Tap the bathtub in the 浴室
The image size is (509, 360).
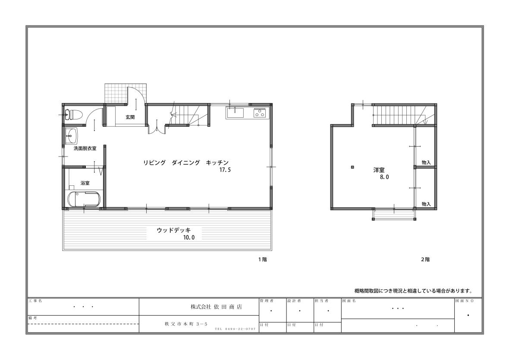pyautogui.click(x=85, y=199)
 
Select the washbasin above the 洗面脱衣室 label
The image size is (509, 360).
pyautogui.click(x=72, y=136)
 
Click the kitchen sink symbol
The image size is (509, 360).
pyautogui.click(x=235, y=113)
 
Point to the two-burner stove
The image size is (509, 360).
pyautogui.click(x=260, y=113)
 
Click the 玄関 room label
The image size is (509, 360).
pyautogui.click(x=130, y=117)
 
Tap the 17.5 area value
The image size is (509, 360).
pyautogui.click(x=225, y=169)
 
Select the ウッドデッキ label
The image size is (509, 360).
pyautogui.click(x=174, y=230)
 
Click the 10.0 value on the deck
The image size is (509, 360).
pyautogui.click(x=189, y=238)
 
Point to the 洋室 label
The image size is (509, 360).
pyautogui.click(x=379, y=169)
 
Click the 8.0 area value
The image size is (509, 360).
pyautogui.click(x=384, y=177)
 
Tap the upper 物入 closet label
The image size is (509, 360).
pyautogui.click(x=426, y=162)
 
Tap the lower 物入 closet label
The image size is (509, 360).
pyautogui.click(x=426, y=204)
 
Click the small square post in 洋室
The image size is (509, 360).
pyautogui.click(x=352, y=167)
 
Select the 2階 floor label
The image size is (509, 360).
pyautogui.click(x=425, y=260)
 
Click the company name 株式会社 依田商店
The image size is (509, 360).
pyautogui.click(x=216, y=307)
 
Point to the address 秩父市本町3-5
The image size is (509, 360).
pyautogui.click(x=186, y=324)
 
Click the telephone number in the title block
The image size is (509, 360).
pyautogui.click(x=235, y=329)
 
